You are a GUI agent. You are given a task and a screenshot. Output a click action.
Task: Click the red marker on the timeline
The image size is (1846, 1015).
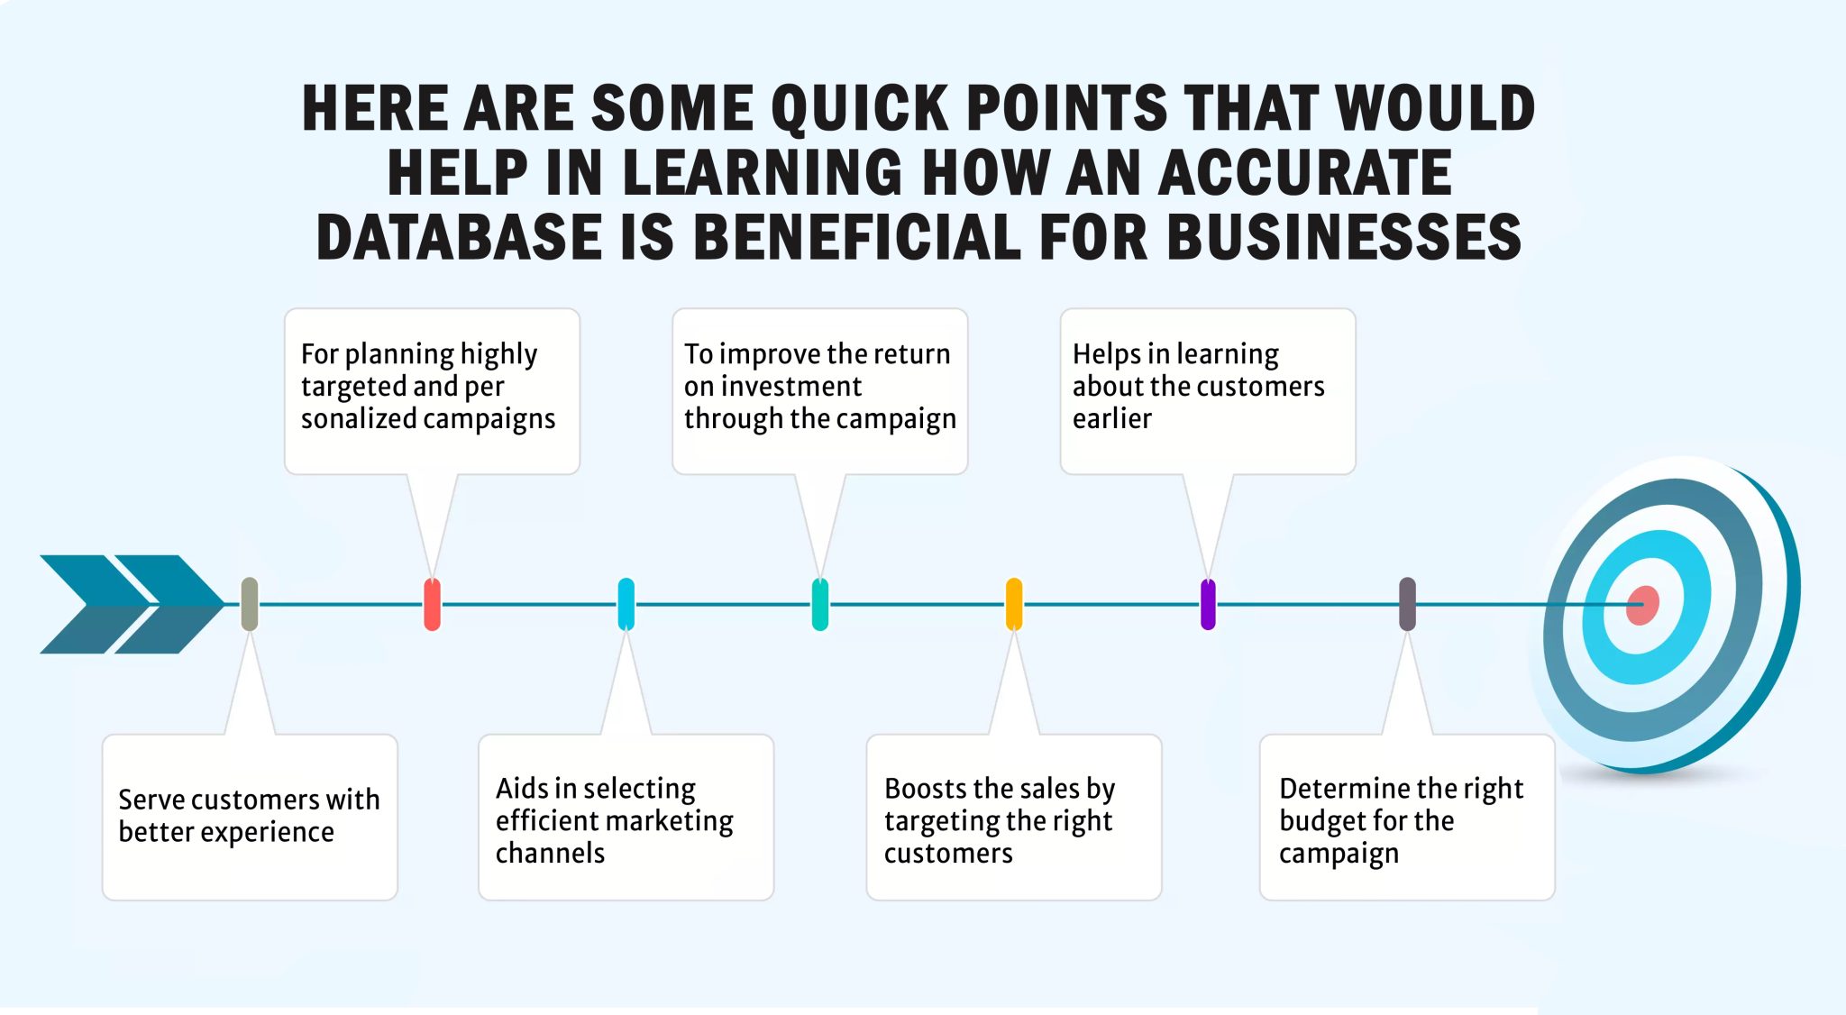(x=432, y=604)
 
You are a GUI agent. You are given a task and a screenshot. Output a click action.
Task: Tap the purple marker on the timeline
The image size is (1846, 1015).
(x=1208, y=604)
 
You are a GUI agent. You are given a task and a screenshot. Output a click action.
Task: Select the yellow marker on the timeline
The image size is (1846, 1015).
(x=1014, y=604)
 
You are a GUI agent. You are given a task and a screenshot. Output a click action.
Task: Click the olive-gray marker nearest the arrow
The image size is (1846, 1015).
(x=250, y=604)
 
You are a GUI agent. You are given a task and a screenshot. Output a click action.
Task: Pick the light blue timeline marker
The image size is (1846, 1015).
(x=626, y=604)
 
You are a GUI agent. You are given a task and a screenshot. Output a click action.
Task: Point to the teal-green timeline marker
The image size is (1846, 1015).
(x=819, y=604)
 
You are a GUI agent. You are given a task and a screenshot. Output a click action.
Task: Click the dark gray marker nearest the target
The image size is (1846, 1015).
(x=1407, y=604)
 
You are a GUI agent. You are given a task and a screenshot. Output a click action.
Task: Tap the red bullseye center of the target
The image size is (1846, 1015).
(x=1641, y=606)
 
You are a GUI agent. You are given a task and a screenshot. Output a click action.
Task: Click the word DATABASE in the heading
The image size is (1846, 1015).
(x=459, y=237)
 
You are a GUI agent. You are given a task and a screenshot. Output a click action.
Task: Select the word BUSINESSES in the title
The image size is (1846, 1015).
(x=1344, y=237)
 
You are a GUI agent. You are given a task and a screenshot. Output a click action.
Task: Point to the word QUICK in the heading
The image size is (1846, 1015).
(x=860, y=108)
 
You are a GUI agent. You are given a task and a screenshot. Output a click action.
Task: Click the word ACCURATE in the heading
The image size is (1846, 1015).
(x=1304, y=172)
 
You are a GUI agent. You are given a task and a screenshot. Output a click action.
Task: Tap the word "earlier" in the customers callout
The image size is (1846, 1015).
(x=1111, y=419)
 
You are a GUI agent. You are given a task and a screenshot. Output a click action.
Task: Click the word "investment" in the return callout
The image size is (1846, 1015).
(x=772, y=387)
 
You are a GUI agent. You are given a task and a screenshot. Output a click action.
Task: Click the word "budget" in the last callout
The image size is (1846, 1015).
(x=1323, y=821)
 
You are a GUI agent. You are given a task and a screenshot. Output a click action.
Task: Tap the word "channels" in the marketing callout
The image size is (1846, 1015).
(x=550, y=854)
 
